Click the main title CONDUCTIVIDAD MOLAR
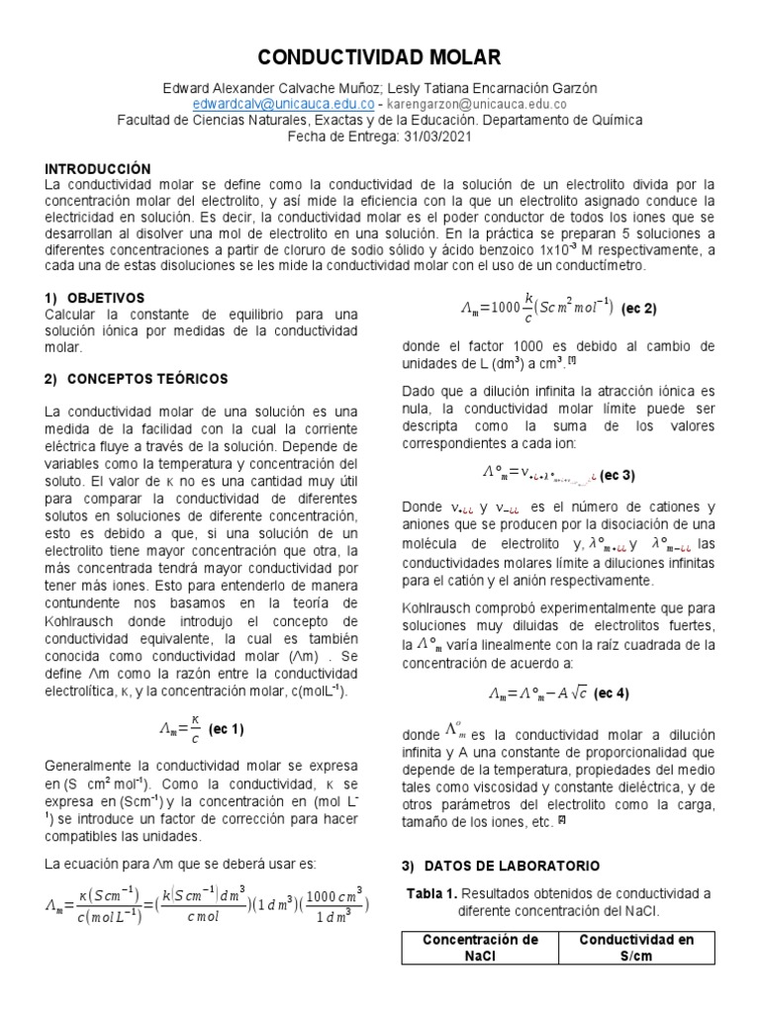pos(380,56)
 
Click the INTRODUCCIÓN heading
pos(98,169)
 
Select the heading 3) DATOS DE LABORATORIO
pos(500,866)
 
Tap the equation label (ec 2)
pos(639,308)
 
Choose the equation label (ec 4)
pos(609,693)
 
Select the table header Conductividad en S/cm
pos(636,947)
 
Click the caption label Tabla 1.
pos(431,893)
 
